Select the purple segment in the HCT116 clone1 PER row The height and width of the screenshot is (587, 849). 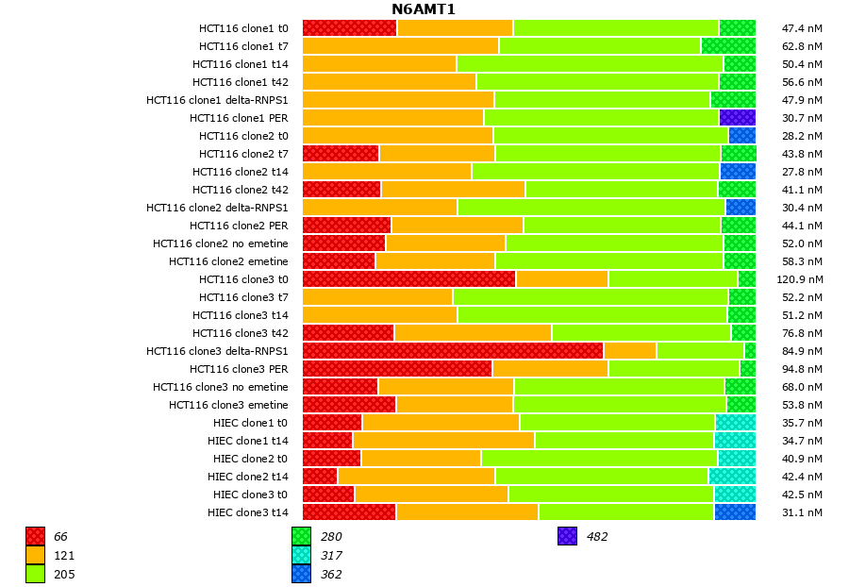(737, 118)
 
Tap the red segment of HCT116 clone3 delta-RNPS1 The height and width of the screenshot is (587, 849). (453, 351)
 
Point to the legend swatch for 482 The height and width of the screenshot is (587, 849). (567, 536)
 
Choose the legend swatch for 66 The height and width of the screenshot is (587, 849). (35, 536)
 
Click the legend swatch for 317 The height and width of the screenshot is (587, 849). (301, 555)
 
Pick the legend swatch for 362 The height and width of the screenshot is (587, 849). (301, 574)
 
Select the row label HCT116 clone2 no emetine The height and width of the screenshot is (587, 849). (221, 243)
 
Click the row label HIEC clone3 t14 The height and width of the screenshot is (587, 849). (248, 512)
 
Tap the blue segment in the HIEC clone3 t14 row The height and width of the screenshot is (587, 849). (735, 512)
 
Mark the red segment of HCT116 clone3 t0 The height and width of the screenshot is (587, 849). (408, 279)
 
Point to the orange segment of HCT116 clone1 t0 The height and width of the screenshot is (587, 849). (455, 28)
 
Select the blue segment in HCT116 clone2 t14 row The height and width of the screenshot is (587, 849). (738, 172)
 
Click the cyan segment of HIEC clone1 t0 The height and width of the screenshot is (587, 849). (735, 423)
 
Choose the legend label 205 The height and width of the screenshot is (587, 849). (64, 574)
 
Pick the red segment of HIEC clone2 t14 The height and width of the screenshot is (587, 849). (320, 477)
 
